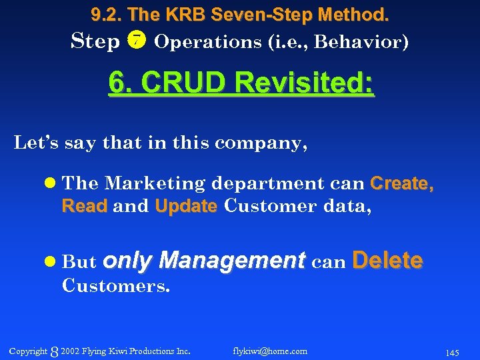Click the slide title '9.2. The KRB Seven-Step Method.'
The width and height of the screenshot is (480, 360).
pos(240,13)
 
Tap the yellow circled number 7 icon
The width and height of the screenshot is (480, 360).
pos(136,41)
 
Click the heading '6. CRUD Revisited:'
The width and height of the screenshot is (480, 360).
pos(241,85)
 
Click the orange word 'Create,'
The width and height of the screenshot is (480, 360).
pos(401,183)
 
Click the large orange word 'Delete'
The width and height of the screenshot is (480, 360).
pos(387,260)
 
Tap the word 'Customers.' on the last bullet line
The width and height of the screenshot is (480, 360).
pos(116,286)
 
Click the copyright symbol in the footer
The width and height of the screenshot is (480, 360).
pos(55,351)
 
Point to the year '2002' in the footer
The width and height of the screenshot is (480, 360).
pos(69,351)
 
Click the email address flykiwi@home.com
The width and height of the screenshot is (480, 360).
pos(270,351)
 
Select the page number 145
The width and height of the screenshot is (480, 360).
pos(453,351)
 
